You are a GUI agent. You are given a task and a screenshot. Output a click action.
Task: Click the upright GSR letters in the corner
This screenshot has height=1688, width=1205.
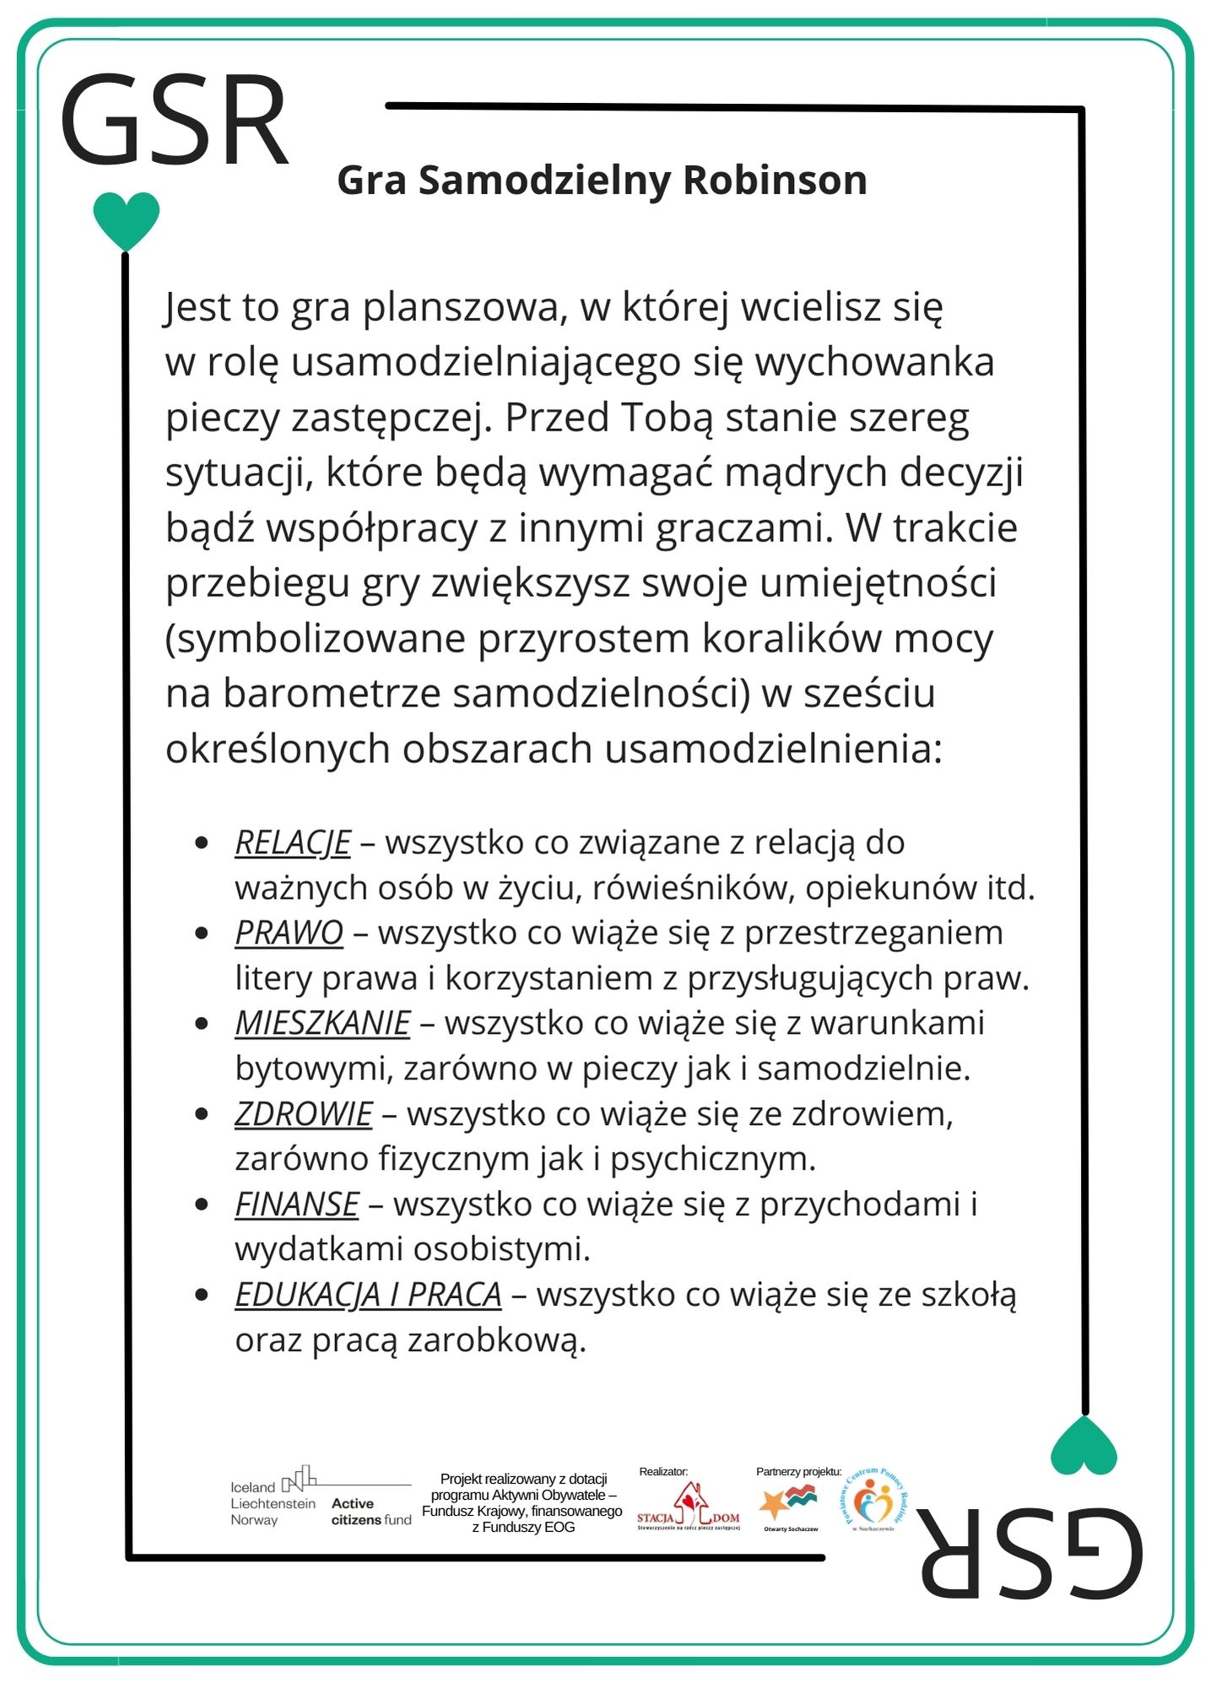175,121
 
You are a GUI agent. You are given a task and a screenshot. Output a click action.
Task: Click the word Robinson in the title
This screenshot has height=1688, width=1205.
774,181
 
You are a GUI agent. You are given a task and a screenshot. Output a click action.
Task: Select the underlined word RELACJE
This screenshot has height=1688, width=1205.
292,843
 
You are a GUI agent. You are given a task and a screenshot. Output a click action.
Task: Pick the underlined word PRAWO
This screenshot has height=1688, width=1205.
289,933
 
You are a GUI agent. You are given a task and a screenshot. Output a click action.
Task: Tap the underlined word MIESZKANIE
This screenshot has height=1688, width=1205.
322,1024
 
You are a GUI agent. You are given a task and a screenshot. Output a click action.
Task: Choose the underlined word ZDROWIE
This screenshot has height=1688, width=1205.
303,1114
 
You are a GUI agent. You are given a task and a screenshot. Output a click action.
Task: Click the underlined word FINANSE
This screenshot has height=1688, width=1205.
296,1204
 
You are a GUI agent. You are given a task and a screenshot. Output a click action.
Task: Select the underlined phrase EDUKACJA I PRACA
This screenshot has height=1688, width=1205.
368,1295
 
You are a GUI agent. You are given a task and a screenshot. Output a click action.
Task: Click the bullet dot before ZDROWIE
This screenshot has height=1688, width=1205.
202,1114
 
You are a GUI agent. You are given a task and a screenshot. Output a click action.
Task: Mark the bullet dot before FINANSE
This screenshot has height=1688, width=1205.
202,1204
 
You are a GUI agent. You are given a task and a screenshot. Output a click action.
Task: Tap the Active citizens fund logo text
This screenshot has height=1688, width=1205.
370,1512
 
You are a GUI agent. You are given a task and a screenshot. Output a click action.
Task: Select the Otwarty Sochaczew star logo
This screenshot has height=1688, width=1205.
790,1504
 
